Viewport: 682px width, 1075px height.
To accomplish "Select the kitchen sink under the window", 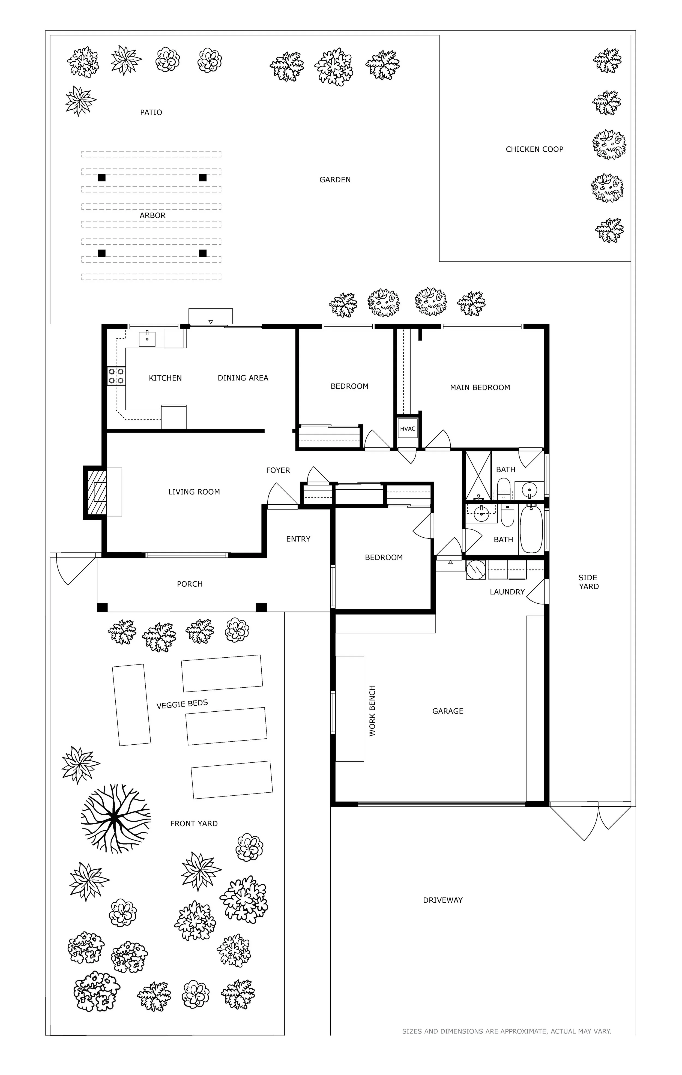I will click(147, 339).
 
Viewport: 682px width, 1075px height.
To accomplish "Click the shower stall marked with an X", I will click(478, 476).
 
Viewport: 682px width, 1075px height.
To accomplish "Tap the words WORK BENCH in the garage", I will click(372, 711).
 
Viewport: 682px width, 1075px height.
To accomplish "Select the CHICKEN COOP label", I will click(534, 149).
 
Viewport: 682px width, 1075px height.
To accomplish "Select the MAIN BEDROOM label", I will click(480, 388).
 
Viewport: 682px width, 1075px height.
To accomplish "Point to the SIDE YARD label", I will click(588, 582).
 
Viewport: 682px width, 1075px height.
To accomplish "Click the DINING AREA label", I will click(243, 378).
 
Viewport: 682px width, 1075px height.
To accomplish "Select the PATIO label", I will click(151, 112).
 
